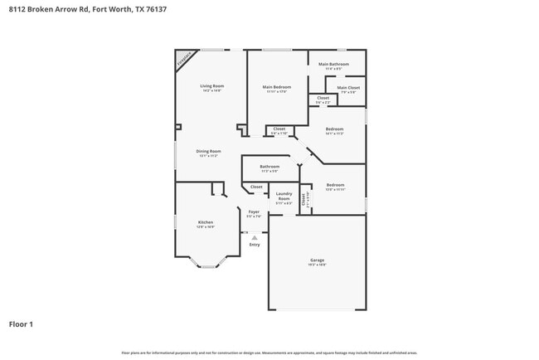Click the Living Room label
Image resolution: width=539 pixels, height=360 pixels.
(212, 86)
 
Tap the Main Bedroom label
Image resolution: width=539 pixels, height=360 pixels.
(276, 86)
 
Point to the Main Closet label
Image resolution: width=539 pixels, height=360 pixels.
(347, 87)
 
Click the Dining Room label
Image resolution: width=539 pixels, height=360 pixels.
(208, 151)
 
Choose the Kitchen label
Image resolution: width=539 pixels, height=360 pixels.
(205, 222)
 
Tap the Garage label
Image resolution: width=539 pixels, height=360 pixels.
(318, 260)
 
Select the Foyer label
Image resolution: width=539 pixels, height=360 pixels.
(254, 212)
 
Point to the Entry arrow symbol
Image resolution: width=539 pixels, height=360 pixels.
(254, 236)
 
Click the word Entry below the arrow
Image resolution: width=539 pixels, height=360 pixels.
(254, 245)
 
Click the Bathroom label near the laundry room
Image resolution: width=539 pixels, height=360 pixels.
(269, 167)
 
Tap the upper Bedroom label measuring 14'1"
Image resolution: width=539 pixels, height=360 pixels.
(334, 129)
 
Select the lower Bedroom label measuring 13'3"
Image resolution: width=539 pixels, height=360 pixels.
(335, 185)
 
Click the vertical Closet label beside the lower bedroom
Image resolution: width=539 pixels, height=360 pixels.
(304, 198)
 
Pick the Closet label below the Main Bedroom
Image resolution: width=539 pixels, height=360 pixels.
(279, 129)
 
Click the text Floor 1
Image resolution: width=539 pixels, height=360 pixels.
(22, 324)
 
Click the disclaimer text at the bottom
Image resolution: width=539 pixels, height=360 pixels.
(269, 353)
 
